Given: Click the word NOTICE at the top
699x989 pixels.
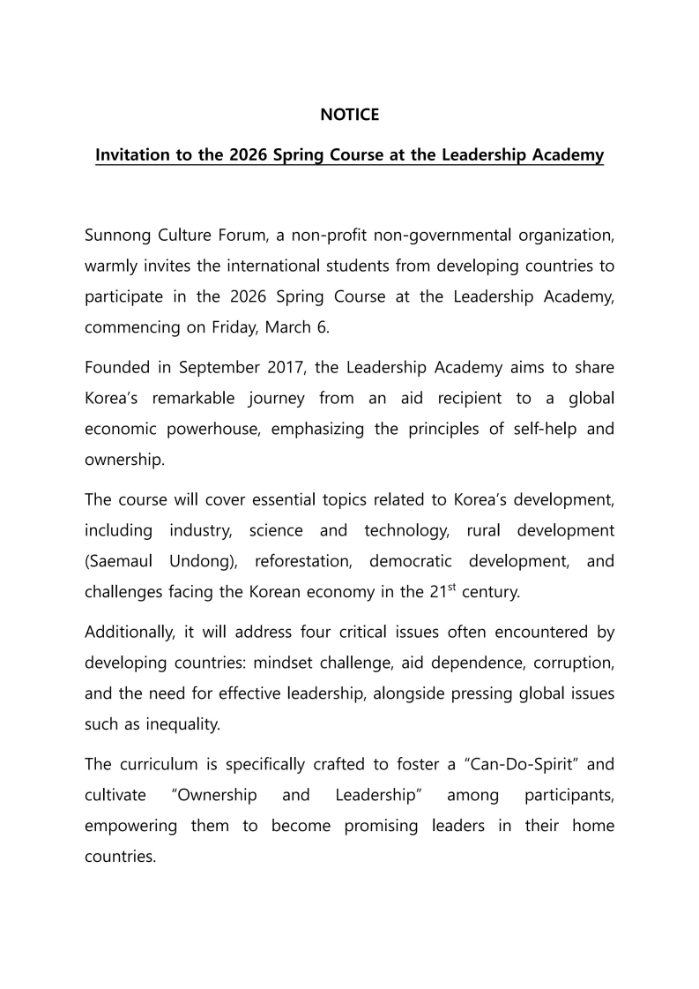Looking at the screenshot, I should coord(349,115).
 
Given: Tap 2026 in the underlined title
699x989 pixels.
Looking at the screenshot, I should coord(249,155).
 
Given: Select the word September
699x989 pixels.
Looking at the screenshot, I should coord(226,368).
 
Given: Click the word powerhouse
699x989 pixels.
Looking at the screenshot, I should coord(216,428).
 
